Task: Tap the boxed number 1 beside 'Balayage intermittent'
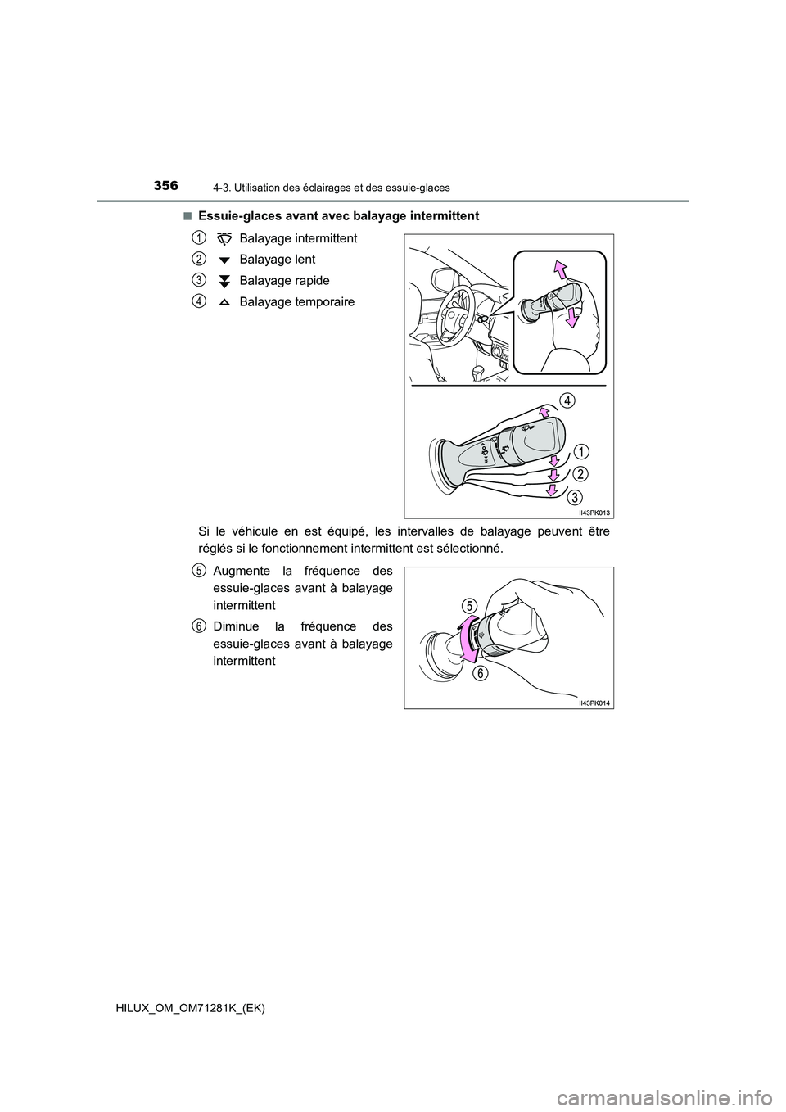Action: click(200, 237)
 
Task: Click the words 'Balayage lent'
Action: click(277, 260)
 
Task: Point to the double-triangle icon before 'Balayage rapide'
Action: click(224, 281)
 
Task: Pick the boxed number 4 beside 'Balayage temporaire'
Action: click(200, 301)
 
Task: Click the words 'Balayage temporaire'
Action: click(297, 302)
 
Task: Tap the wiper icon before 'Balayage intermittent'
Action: click(224, 238)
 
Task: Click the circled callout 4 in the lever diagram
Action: click(567, 400)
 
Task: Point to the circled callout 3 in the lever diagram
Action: click(576, 496)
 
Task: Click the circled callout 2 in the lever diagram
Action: click(580, 474)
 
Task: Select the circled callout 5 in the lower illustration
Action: click(469, 605)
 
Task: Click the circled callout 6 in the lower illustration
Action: click(480, 672)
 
